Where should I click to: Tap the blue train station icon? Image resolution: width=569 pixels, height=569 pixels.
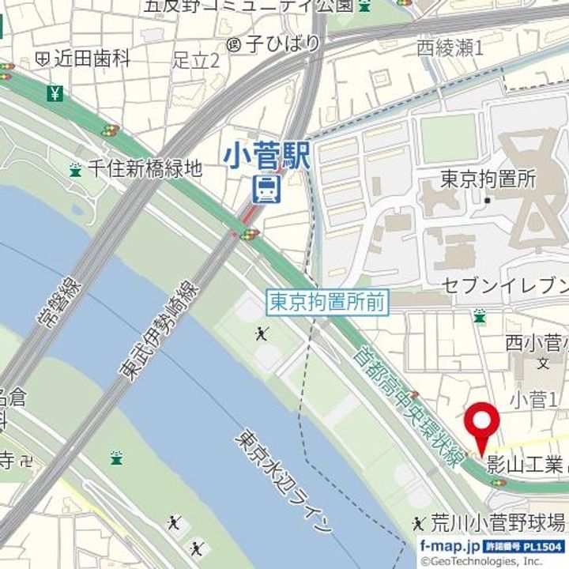click(x=266, y=189)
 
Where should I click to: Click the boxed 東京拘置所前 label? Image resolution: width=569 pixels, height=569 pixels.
click(x=327, y=302)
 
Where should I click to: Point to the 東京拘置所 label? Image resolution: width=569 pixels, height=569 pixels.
click(x=488, y=179)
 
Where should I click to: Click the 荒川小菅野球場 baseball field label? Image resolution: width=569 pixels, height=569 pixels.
click(x=497, y=522)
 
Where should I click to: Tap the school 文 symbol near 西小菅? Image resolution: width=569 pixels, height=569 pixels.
click(x=543, y=364)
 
